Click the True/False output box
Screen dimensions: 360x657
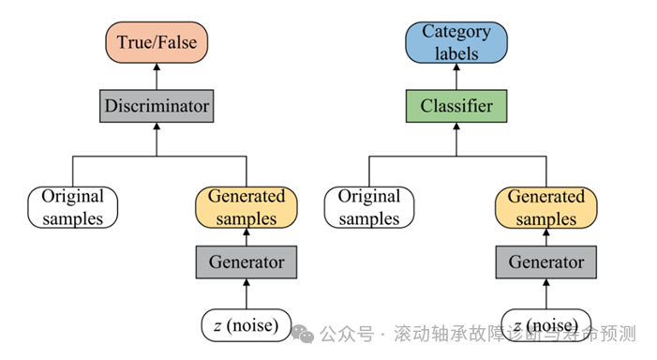(157, 42)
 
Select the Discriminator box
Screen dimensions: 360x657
(157, 106)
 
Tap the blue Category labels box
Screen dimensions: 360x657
(455, 42)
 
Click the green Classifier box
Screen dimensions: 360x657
(455, 106)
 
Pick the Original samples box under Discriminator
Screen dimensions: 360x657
(73, 207)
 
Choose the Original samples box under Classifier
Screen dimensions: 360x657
(369, 207)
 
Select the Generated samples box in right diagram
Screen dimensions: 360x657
(545, 207)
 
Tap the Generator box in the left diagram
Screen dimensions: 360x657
(246, 262)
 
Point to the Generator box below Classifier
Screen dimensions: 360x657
(545, 262)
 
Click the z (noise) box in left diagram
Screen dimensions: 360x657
(246, 324)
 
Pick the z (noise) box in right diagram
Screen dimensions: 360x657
(545, 323)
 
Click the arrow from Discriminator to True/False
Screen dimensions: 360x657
(157, 76)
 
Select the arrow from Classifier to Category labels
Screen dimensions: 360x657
(455, 76)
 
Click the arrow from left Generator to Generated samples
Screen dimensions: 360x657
(246, 236)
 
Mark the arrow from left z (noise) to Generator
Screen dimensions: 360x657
(246, 293)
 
